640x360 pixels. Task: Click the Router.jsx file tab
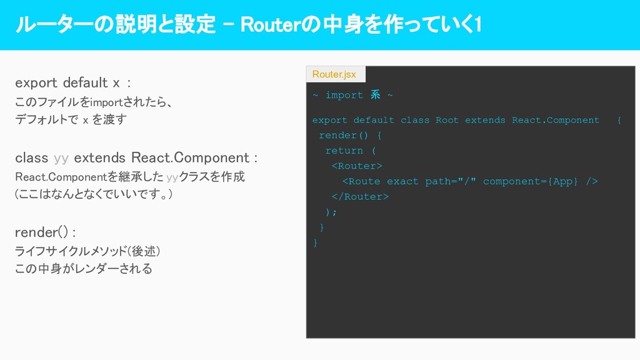pos(334,74)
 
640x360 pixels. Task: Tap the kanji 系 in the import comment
pos(375,95)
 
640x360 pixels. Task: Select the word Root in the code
pos(447,120)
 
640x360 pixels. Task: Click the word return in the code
pos(344,151)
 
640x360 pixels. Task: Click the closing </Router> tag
pos(360,196)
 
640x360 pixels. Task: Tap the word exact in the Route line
pos(402,181)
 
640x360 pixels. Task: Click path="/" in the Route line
pos(451,181)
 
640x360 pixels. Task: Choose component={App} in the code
pos(531,181)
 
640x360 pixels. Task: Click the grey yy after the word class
pos(61,157)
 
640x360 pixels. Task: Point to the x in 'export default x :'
pos(116,82)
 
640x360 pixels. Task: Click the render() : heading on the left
pos(45,232)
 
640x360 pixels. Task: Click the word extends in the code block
pos(485,120)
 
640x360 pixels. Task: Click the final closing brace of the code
pos(315,242)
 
